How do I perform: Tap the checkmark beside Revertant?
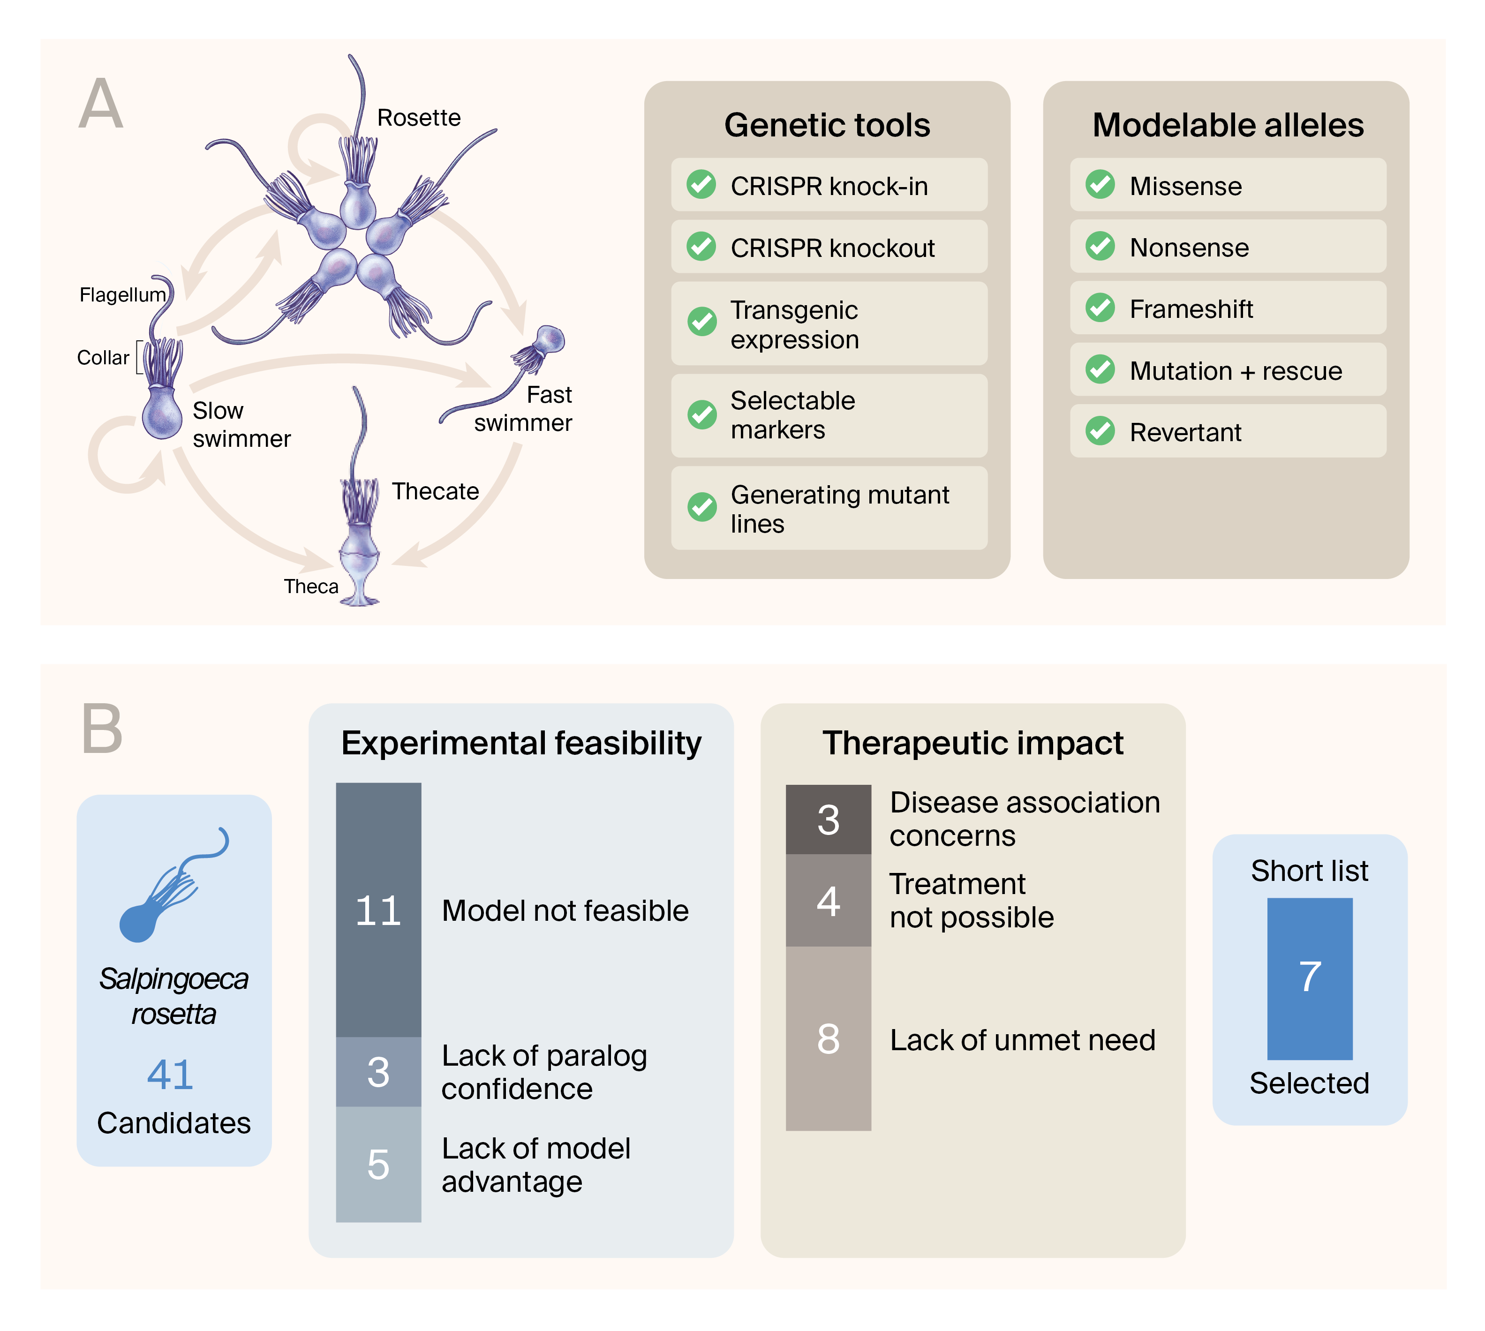1100,431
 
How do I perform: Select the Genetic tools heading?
827,125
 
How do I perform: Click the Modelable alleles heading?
1228,125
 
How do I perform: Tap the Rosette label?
418,118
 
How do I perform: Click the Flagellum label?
123,295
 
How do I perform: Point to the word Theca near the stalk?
311,587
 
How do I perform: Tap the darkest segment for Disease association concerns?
828,819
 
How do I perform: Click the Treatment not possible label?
971,900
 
